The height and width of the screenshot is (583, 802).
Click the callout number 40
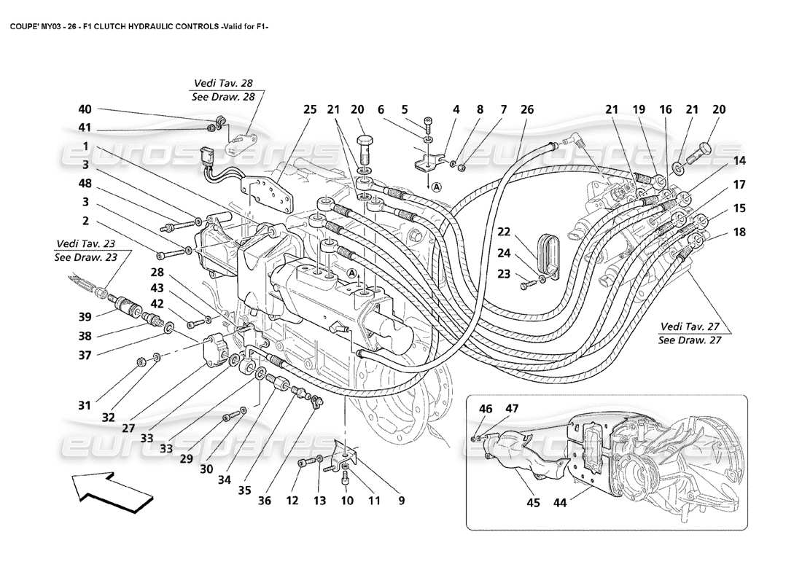coord(85,110)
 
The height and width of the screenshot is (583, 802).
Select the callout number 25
coord(310,110)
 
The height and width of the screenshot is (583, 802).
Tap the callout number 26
coord(527,110)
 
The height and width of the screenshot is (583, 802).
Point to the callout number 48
coord(85,184)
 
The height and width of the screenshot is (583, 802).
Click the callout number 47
coord(513,409)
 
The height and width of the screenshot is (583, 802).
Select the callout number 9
coord(400,501)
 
